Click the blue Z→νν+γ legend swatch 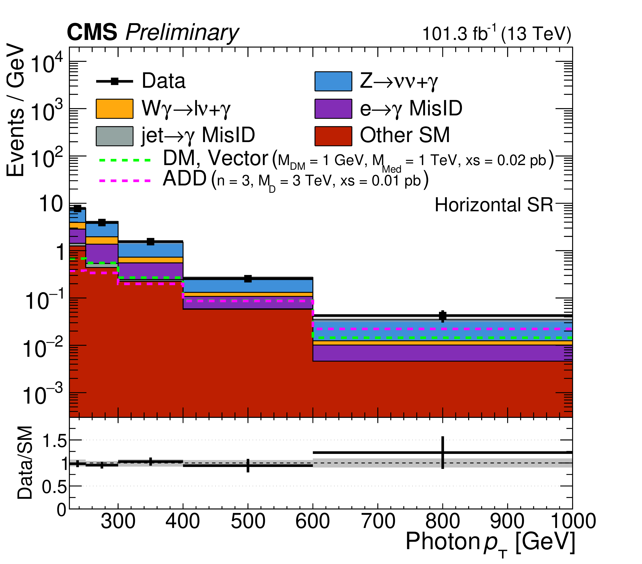coord(333,81)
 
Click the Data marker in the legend coord(115,81)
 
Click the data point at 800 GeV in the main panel coord(443,316)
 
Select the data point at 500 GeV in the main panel coord(248,279)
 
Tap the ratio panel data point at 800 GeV coord(443,453)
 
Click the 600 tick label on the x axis coord(313,521)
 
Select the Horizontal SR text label coord(493,205)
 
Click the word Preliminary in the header coord(182,32)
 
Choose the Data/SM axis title coord(25,463)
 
